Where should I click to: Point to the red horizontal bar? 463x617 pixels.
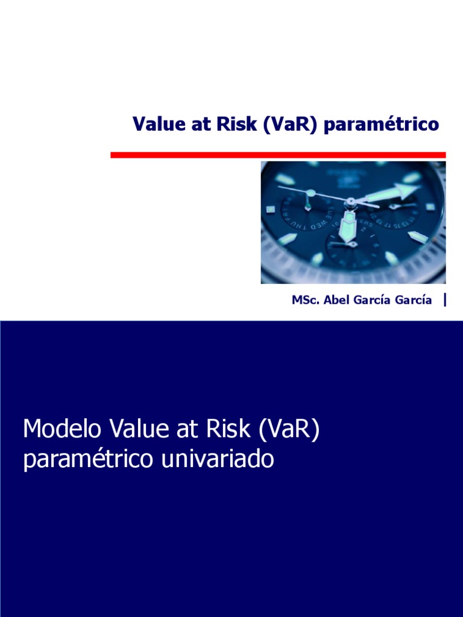[278, 155]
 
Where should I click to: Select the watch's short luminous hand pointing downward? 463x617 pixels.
[347, 224]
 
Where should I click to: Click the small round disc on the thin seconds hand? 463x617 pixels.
[310, 194]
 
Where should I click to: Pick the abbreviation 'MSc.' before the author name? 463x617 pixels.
[305, 300]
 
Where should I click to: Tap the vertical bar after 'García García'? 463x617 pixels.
[445, 299]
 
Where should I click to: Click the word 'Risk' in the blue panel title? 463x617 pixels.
[229, 429]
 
